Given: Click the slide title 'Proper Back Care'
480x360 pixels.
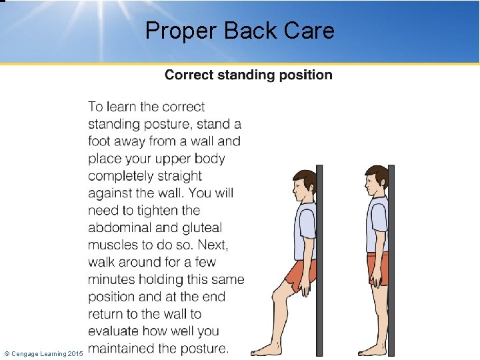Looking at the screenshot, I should click(x=239, y=31).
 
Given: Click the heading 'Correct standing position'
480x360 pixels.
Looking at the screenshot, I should click(x=248, y=75).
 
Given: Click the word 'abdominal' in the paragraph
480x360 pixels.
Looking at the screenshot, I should click(x=117, y=227).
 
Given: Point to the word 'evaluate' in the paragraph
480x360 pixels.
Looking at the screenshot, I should click(x=114, y=331).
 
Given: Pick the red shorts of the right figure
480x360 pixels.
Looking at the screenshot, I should click(x=378, y=269).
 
